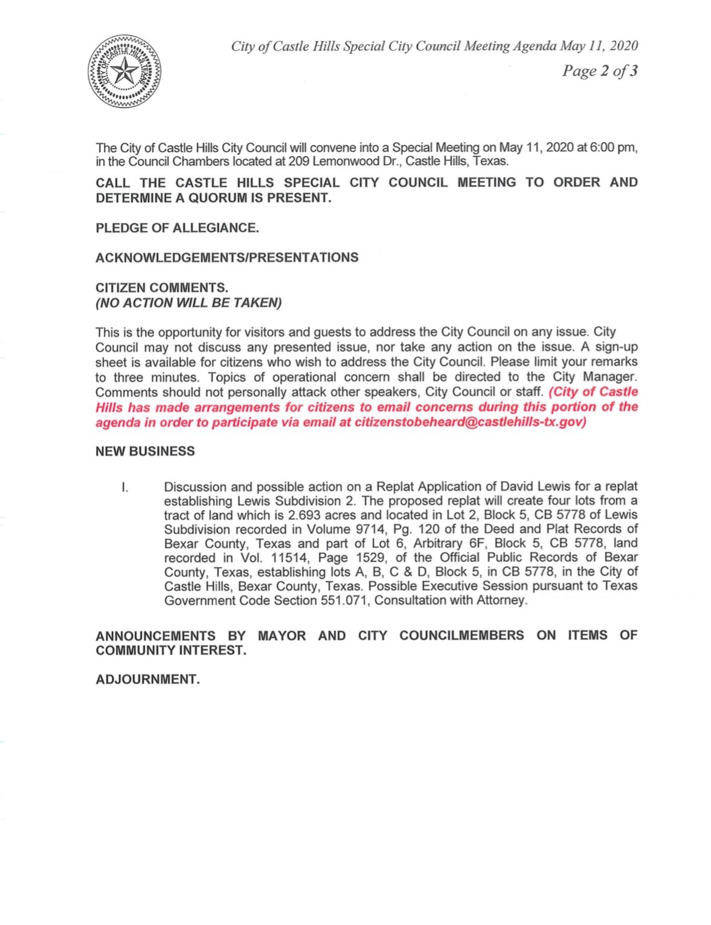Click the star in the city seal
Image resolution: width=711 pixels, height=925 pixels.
(x=126, y=73)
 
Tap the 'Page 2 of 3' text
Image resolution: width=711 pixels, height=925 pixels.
(x=599, y=71)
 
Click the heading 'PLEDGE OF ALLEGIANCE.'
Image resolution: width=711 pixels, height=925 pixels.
(x=177, y=228)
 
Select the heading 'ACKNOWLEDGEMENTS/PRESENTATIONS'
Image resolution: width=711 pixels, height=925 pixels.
(x=227, y=257)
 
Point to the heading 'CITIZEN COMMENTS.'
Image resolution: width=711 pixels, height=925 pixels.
(x=162, y=288)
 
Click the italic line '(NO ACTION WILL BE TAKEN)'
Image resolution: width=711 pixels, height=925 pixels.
(x=188, y=303)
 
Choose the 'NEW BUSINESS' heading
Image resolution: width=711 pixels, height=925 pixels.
(x=145, y=451)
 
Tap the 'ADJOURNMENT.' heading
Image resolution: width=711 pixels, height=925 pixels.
(x=147, y=679)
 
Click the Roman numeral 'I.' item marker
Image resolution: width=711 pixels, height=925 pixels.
(x=124, y=487)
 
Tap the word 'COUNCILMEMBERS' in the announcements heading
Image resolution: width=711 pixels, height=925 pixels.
(x=462, y=636)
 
